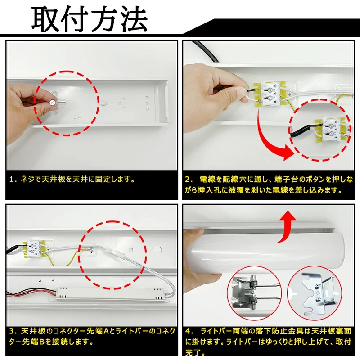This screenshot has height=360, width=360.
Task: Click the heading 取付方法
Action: click(90, 19)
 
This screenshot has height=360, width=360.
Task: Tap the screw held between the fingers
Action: click(53, 102)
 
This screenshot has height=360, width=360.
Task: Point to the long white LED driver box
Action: click(110, 294)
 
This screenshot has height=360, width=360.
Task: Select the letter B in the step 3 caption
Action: click(42, 342)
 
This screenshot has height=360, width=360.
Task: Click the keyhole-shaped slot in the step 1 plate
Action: click(77, 119)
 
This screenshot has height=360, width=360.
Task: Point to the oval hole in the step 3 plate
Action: click(157, 250)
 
